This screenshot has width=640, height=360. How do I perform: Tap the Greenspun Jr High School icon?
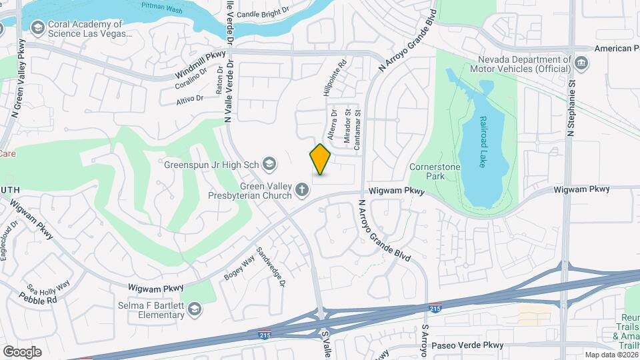pyautogui.click(x=269, y=163)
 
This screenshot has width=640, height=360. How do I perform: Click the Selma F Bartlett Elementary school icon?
pyautogui.click(x=194, y=308)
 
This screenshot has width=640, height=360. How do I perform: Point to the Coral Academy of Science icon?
pyautogui.click(x=37, y=27)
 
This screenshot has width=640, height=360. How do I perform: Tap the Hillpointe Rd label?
pyautogui.click(x=335, y=79)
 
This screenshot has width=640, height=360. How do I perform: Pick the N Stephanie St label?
pyautogui.click(x=571, y=107)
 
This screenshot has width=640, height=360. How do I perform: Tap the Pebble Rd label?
pyautogui.click(x=42, y=300)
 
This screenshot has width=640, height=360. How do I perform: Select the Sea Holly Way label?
pyautogui.click(x=48, y=288)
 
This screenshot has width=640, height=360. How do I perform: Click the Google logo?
pyautogui.click(x=22, y=352)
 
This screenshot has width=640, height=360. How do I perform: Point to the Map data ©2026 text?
pyautogui.click(x=611, y=355)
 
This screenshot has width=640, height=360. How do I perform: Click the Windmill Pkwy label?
pyautogui.click(x=200, y=63)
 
